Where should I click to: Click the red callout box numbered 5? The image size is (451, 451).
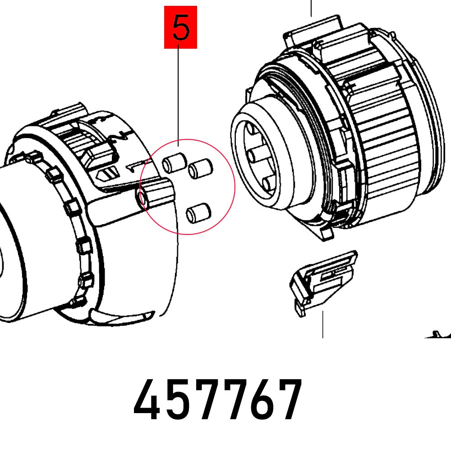(x=180, y=27)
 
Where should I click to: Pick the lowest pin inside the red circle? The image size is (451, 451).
(x=198, y=212)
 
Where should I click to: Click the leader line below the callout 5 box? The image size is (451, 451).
(x=178, y=90)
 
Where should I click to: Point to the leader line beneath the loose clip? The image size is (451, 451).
(x=322, y=325)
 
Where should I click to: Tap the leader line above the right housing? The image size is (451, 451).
(x=311, y=8)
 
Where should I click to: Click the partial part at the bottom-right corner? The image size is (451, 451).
(x=440, y=335)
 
